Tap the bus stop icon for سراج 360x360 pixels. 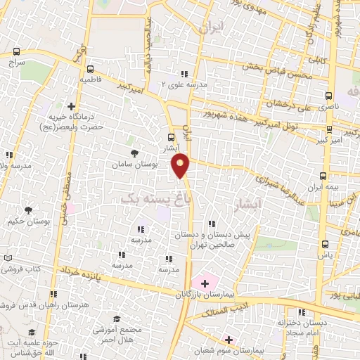(x=17, y=52)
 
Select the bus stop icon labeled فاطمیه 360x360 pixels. (x=90, y=69)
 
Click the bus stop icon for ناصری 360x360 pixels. (x=329, y=95)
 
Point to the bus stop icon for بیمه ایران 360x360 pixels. (x=323, y=176)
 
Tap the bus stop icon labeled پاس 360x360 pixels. (x=324, y=243)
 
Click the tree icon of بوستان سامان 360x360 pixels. (x=134, y=152)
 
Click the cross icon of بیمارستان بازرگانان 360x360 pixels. (x=205, y=283)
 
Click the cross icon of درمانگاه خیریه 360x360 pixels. (x=70, y=106)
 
